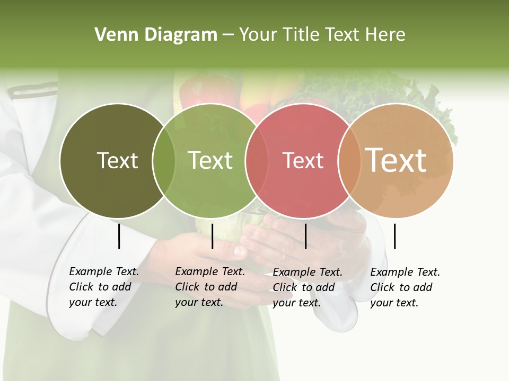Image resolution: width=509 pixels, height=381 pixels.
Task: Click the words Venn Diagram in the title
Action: click(x=156, y=35)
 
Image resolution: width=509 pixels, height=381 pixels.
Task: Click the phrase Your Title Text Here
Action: click(x=322, y=35)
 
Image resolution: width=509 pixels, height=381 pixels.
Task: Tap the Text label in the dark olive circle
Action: click(x=117, y=160)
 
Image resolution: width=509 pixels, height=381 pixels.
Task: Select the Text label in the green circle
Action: click(x=210, y=160)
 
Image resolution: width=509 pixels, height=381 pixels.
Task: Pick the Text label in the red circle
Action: click(x=303, y=160)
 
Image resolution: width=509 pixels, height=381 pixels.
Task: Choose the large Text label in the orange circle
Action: click(x=396, y=160)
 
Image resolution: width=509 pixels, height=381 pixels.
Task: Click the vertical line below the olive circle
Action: click(x=119, y=237)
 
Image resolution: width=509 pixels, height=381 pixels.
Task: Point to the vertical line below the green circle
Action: click(x=212, y=237)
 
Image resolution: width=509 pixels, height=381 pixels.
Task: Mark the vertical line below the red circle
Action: click(x=305, y=237)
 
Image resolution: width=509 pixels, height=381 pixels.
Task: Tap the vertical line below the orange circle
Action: click(x=394, y=237)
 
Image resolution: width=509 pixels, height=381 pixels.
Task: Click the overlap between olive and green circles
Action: click(x=164, y=160)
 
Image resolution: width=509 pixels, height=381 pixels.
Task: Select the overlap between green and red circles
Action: click(x=257, y=160)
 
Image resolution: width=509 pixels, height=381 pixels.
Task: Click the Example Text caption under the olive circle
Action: click(x=103, y=287)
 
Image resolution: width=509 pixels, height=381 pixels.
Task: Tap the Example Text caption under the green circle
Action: click(x=209, y=287)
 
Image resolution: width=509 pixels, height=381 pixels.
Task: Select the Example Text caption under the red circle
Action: click(x=307, y=287)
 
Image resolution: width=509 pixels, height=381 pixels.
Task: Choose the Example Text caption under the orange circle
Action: click(x=405, y=287)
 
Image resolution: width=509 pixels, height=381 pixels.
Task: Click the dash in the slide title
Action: click(x=228, y=35)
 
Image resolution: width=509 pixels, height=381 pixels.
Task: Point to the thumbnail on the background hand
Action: click(x=240, y=250)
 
